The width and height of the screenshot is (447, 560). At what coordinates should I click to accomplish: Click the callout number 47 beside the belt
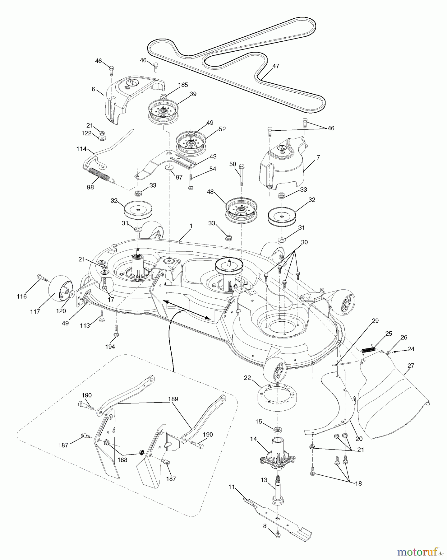point(276,66)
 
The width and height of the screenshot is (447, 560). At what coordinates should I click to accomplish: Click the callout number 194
point(110,346)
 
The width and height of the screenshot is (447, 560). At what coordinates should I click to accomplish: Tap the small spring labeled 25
point(369,349)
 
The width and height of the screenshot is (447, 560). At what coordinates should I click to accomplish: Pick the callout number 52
point(222,129)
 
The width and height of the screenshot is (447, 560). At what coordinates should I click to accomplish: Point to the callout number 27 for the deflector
point(411,366)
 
